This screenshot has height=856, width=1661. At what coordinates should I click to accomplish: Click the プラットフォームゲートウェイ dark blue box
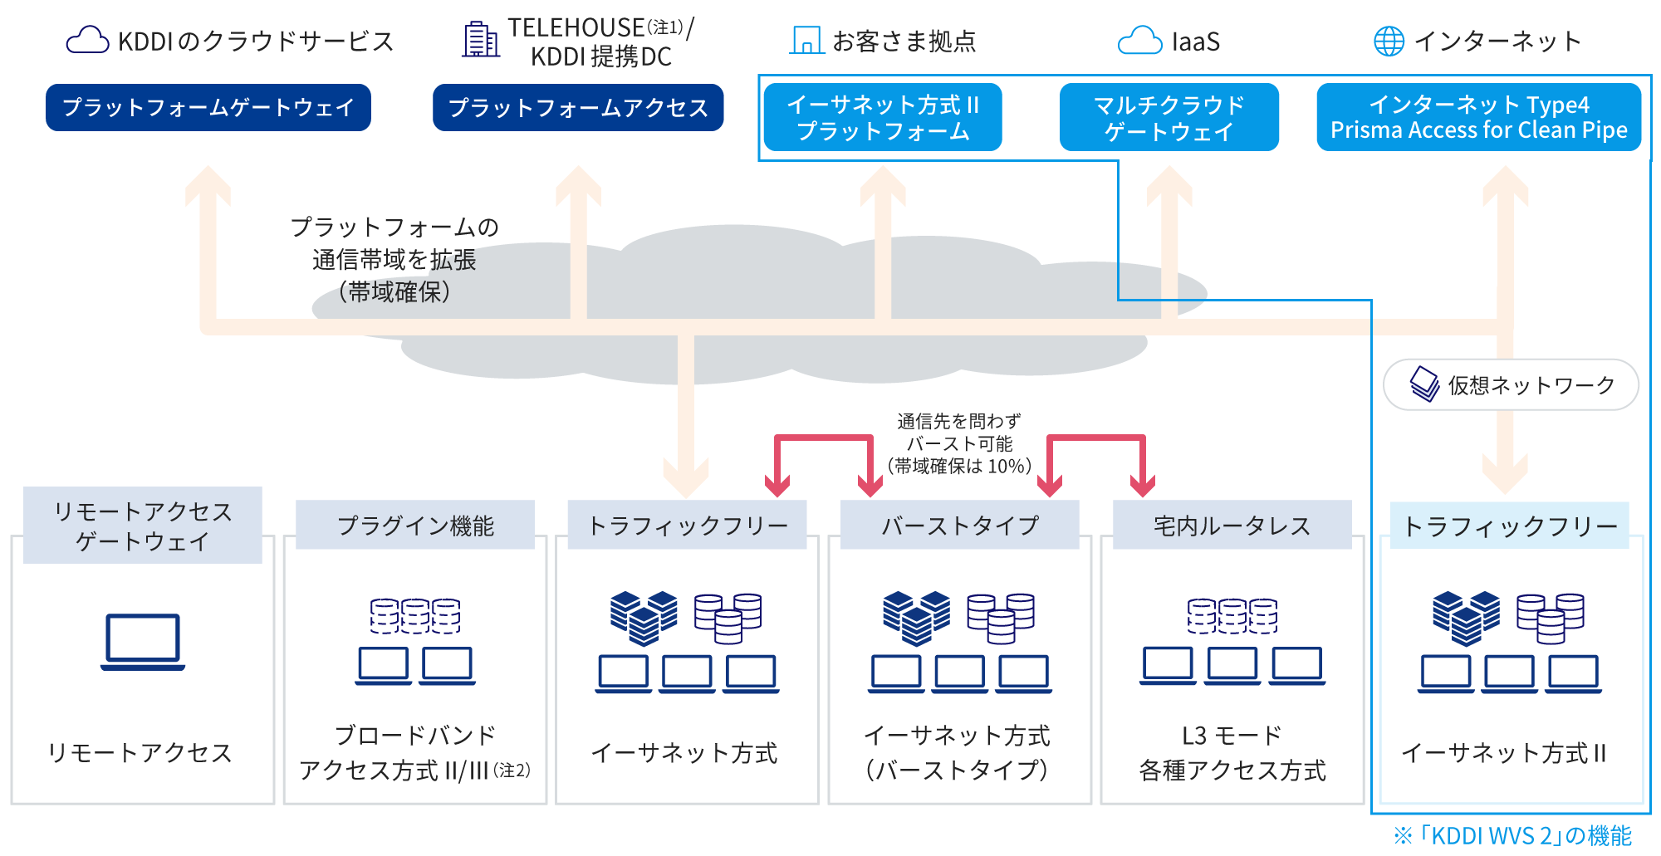pyautogui.click(x=208, y=107)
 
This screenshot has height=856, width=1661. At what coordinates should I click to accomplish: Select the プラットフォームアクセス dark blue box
pyautogui.click(x=578, y=107)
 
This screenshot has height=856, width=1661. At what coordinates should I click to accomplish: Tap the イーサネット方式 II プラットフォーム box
pyautogui.click(x=883, y=117)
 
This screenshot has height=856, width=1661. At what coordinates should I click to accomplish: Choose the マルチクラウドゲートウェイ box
pyautogui.click(x=1169, y=117)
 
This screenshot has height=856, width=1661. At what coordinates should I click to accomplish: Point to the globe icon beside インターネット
pyautogui.click(x=1389, y=41)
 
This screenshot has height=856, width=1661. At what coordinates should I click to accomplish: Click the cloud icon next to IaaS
pyautogui.click(x=1139, y=41)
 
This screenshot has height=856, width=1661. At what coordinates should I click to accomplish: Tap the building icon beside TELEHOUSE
pyautogui.click(x=481, y=40)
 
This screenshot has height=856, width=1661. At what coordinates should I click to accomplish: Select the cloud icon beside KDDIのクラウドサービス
pyautogui.click(x=87, y=40)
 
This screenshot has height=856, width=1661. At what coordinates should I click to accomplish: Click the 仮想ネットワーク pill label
pyautogui.click(x=1511, y=384)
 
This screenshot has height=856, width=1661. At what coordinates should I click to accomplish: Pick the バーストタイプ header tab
pyautogui.click(x=959, y=525)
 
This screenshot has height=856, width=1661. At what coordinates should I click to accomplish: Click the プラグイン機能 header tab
pyautogui.click(x=415, y=525)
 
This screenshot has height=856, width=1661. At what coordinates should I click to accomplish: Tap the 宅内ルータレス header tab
pyautogui.click(x=1232, y=525)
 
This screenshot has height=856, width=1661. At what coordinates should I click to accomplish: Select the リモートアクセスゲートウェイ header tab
pyautogui.click(x=143, y=526)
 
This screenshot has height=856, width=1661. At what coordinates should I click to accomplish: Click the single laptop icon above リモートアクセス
pyautogui.click(x=143, y=642)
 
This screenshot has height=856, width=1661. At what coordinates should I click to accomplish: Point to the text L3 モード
pyautogui.click(x=1232, y=736)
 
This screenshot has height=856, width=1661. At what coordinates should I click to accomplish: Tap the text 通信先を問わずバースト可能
pyautogui.click(x=959, y=433)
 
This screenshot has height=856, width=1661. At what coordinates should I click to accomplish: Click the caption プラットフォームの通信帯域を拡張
pyautogui.click(x=394, y=243)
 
